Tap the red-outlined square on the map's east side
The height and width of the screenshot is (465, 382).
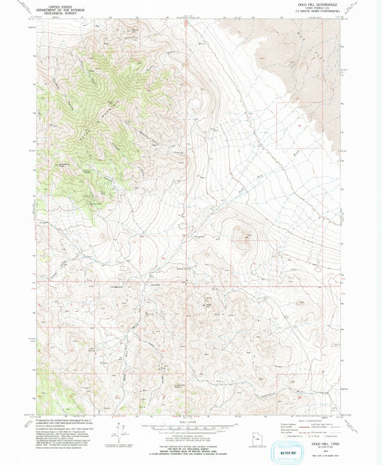(291, 125)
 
